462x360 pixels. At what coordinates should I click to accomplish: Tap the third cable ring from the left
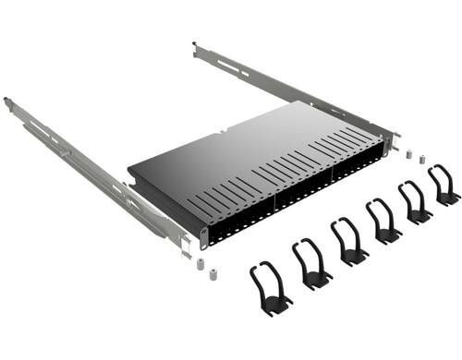tap(349, 242)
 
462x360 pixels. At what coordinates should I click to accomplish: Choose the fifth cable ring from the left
tap(415, 202)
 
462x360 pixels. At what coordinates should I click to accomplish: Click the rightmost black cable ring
tap(444, 185)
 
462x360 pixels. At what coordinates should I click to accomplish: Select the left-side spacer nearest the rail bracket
tap(199, 264)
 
